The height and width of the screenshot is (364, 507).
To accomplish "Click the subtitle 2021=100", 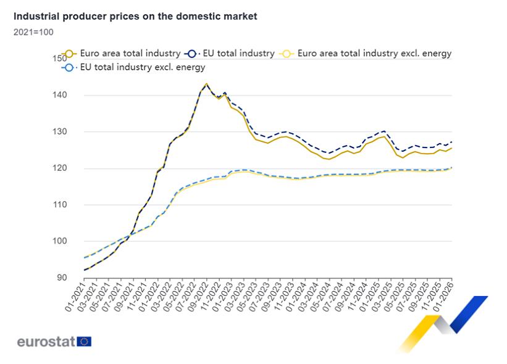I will [x=30, y=31].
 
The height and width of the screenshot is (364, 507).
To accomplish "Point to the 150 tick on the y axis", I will [x=59, y=59].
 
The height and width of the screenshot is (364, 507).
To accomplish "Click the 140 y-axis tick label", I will [x=59, y=95].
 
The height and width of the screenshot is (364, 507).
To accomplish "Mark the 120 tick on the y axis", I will [x=59, y=168].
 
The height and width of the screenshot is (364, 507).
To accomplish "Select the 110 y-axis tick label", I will [x=59, y=205].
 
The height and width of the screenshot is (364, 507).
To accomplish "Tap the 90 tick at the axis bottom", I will [x=62, y=278].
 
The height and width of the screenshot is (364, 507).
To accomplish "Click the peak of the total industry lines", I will [x=206, y=84].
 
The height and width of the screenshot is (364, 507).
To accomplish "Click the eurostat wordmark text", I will [x=46, y=341].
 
